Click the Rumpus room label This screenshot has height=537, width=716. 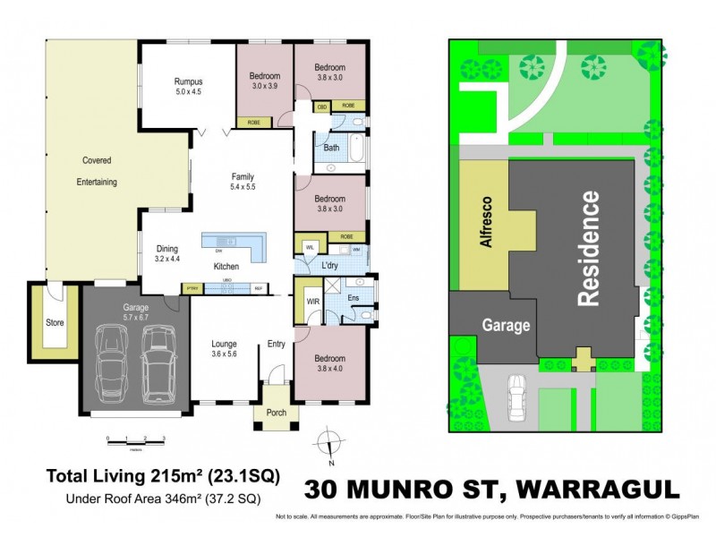[188, 81]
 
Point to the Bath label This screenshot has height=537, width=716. [331, 148]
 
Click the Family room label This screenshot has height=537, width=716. [243, 176]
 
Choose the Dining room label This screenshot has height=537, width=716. [166, 249]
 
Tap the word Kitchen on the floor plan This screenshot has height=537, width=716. [226, 267]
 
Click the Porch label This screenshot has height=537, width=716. [277, 413]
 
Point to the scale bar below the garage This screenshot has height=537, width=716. [136, 439]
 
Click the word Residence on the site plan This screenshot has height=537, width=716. [588, 248]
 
